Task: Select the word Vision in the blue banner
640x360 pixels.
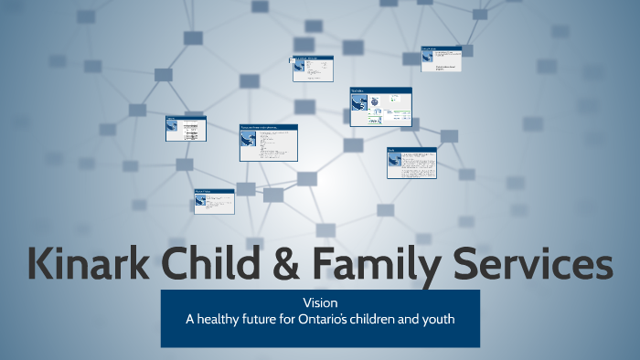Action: click(x=320, y=302)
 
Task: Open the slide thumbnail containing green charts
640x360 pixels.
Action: click(x=380, y=107)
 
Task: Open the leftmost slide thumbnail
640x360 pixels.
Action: click(x=186, y=128)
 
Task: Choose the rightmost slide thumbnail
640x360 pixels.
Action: click(x=441, y=58)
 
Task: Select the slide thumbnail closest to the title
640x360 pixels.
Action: click(x=214, y=201)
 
